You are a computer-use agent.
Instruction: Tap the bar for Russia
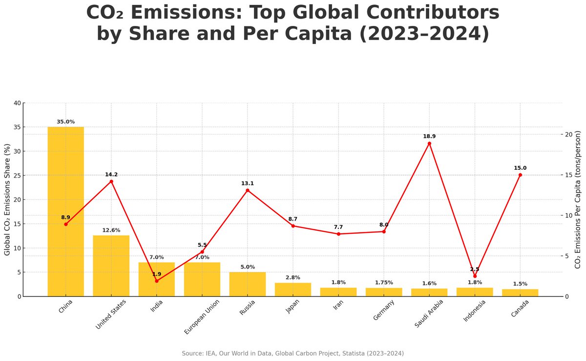pos(247,284)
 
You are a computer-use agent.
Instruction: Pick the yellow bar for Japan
pos(293,290)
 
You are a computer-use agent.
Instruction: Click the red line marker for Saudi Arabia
pos(429,143)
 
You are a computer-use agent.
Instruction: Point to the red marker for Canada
pos(520,175)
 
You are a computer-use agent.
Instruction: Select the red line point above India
pos(157,281)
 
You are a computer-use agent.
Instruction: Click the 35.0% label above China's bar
pos(65,122)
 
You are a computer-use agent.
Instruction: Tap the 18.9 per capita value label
pos(429,136)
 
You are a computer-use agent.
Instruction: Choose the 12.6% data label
pos(111,230)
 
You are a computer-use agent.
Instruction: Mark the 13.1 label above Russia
pos(247,183)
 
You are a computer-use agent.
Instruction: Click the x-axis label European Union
pos(202,316)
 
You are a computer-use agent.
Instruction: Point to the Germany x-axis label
pos(383,310)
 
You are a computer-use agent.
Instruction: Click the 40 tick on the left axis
pos(18,103)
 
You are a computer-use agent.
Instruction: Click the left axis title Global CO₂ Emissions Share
pos(7,200)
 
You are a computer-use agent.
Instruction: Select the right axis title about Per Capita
pos(578,200)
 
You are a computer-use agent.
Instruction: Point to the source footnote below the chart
pos(293,353)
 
